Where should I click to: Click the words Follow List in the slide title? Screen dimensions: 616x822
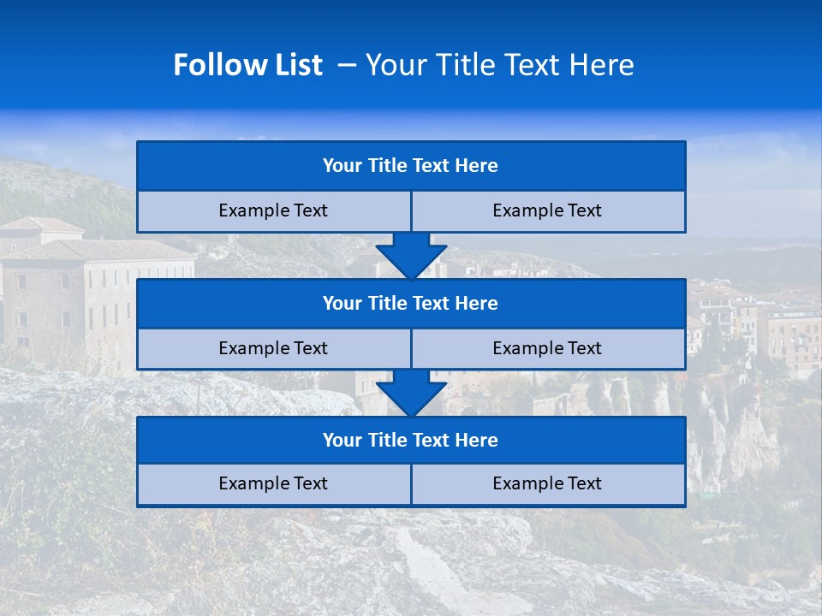pyautogui.click(x=247, y=65)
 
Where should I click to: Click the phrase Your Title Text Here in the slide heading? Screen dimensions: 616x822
pyautogui.click(x=499, y=65)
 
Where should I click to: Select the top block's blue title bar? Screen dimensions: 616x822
pyautogui.click(x=411, y=166)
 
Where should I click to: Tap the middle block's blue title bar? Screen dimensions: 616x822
pyautogui.click(x=411, y=304)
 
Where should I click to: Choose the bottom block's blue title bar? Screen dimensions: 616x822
pyautogui.click(x=411, y=441)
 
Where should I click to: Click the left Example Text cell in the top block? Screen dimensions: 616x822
pyautogui.click(x=273, y=211)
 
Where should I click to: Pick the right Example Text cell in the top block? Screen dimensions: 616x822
pyautogui.click(x=548, y=211)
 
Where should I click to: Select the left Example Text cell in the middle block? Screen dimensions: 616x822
pyautogui.click(x=273, y=349)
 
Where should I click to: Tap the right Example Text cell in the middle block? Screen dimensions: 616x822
pyautogui.click(x=548, y=349)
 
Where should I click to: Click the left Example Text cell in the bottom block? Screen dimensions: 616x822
pyautogui.click(x=273, y=484)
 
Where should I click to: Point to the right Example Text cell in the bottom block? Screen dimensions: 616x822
pyautogui.click(x=548, y=484)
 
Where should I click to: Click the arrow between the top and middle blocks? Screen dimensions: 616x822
pyautogui.click(x=411, y=256)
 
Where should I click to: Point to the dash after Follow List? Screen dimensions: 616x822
pyautogui.click(x=347, y=65)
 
